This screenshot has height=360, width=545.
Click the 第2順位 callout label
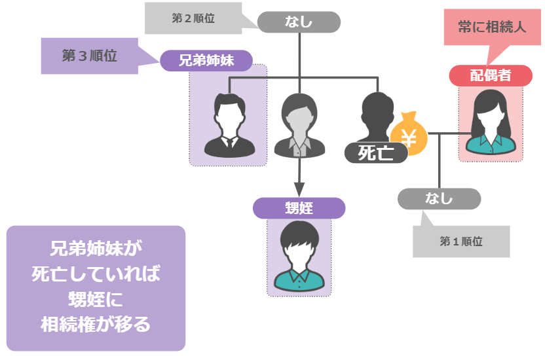[193, 19]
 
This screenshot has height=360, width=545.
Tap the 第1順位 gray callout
[461, 241]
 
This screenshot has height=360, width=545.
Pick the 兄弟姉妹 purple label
[206, 62]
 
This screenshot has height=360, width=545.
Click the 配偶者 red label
[490, 75]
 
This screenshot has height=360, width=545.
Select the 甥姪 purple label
[299, 208]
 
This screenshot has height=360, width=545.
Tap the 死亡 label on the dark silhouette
[375, 153]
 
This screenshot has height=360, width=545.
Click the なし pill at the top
[299, 22]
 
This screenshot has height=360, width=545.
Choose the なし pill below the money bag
[439, 198]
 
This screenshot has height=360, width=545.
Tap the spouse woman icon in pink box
[490, 122]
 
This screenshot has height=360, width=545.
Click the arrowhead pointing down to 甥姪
[299, 189]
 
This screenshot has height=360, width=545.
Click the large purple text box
[96, 288]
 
